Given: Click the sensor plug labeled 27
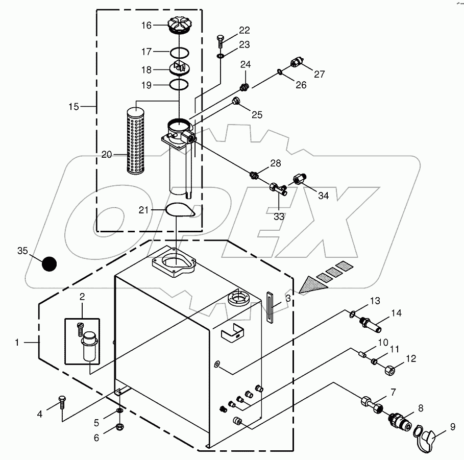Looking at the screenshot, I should [x=296, y=63].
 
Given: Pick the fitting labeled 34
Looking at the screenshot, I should [x=299, y=180].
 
